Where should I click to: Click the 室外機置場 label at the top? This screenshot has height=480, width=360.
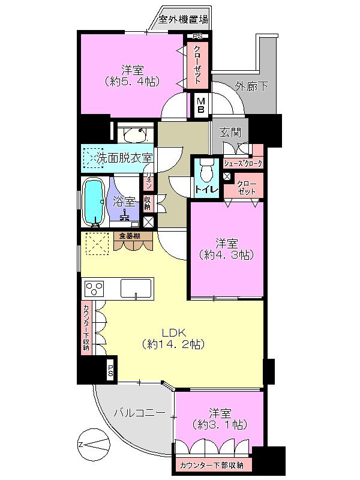coord(184,19)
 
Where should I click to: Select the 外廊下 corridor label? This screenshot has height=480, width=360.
coord(251,86)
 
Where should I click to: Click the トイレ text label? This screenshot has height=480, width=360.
coord(205,190)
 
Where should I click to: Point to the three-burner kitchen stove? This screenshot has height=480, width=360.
coord(95,289)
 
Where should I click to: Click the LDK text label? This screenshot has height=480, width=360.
coord(173,332)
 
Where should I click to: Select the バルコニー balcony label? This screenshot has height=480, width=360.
coord(139,413)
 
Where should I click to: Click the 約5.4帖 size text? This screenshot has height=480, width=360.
coord(132,80)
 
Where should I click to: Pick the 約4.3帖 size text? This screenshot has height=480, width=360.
coord(227,254)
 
